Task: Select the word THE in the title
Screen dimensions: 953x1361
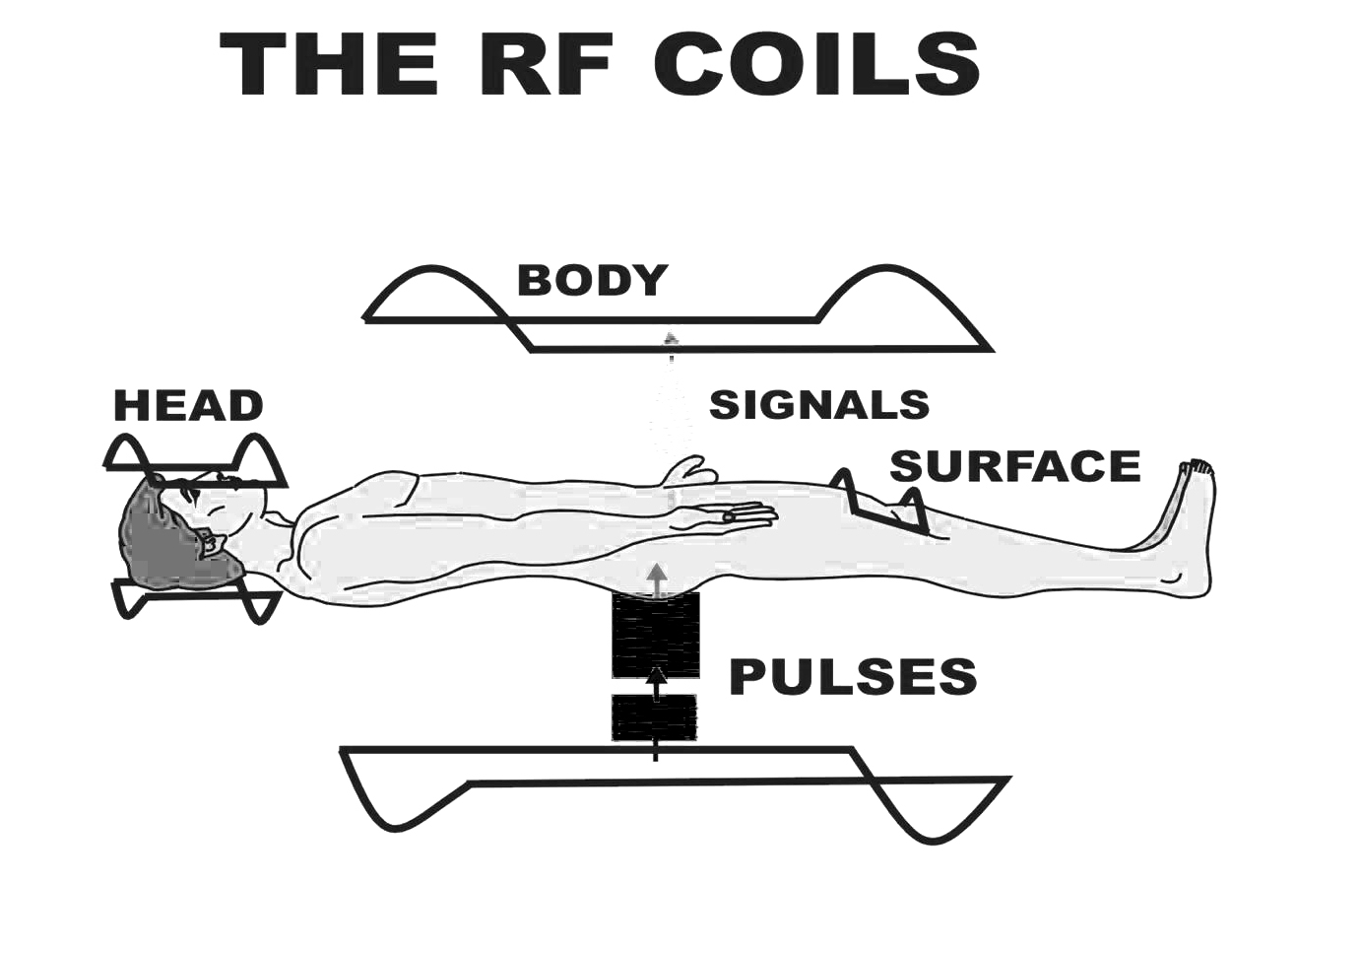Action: pos(330,64)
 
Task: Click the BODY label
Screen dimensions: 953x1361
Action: pos(592,281)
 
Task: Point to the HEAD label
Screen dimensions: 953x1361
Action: pos(188,406)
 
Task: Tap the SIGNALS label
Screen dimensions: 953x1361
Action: pos(819,405)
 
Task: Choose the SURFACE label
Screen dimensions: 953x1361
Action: pos(1014,466)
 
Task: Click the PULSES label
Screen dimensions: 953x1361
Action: pos(853,677)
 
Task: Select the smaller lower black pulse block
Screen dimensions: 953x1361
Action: pos(654,717)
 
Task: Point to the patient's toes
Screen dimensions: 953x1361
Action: pos(1199,466)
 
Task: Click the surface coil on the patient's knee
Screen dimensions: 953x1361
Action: pos(881,503)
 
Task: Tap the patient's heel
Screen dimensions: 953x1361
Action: pos(1196,581)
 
